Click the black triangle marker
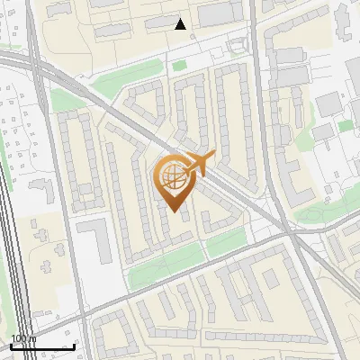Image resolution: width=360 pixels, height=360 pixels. pyautogui.click(x=181, y=24)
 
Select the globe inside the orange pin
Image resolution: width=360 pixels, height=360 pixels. pyautogui.click(x=173, y=177)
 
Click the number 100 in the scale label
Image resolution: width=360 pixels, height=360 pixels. pyautogui.click(x=18, y=338)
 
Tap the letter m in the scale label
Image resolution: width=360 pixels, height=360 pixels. pyautogui.click(x=32, y=338)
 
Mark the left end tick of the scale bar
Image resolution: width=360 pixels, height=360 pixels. pyautogui.click(x=11, y=346)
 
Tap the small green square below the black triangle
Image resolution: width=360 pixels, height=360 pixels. pyautogui.click(x=179, y=65)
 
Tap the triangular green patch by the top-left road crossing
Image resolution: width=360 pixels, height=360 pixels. pyautogui.click(x=61, y=99)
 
